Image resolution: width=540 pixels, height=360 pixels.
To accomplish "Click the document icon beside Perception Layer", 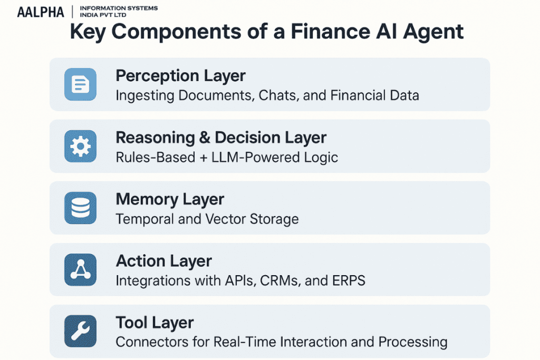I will tap(80, 84).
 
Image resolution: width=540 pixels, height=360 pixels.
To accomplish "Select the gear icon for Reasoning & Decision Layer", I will tap(80, 146).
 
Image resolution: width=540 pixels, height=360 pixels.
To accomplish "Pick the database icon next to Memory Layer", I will tap(80, 208).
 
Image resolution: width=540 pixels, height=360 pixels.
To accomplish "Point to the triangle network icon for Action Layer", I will tap(80, 269).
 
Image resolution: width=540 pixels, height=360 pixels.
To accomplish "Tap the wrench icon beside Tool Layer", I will tap(80, 331).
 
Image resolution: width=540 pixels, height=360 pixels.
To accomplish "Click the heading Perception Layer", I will tap(180, 76).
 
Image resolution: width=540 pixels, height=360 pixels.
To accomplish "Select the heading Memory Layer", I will tap(170, 199).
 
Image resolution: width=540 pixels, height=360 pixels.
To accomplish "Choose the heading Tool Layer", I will tap(155, 323).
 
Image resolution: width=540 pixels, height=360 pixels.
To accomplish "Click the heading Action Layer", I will tap(163, 261).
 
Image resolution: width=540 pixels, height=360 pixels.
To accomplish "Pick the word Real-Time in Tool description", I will tap(246, 342).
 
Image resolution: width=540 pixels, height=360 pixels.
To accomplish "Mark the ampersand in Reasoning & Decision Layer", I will tap(204, 138).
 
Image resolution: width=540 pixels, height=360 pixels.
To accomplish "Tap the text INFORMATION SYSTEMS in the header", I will tap(117, 8).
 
